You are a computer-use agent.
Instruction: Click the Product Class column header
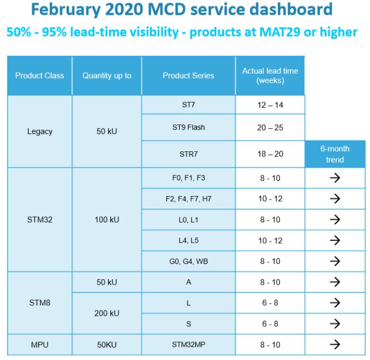[39, 76]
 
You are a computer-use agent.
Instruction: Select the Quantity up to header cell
[107, 76]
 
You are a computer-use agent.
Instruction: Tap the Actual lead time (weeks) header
[270, 76]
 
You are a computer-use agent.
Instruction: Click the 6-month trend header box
[335, 154]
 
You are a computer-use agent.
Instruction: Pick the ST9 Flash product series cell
[188, 128]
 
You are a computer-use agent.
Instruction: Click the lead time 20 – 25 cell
[270, 128]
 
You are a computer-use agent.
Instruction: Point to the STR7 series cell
[188, 154]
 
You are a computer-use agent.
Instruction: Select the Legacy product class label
[39, 132]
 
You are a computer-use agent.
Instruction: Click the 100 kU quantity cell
[107, 220]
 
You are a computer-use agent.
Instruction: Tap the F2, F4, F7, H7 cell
[188, 199]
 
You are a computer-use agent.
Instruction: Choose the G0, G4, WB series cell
[188, 261]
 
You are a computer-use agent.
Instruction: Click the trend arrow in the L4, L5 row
[335, 240]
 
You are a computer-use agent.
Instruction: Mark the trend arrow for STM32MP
[335, 345]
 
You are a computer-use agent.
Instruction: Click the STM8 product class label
[39, 303]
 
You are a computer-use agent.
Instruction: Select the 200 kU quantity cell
[107, 313]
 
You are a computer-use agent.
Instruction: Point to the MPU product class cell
[39, 345]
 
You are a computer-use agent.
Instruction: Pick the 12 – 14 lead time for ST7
[270, 105]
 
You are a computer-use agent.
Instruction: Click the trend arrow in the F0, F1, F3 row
[335, 178]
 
